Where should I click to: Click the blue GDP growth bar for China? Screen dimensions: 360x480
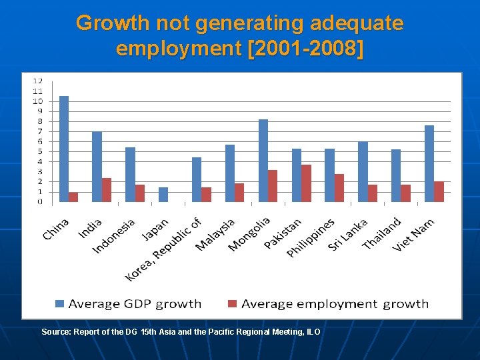[x=64, y=149]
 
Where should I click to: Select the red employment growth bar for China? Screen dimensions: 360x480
[x=73, y=197]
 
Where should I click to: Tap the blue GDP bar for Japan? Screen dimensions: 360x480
[x=163, y=194]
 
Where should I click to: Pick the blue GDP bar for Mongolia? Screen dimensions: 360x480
[x=263, y=160]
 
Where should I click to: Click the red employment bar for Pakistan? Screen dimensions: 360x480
[x=306, y=183]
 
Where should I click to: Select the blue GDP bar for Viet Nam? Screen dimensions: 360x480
[x=429, y=163]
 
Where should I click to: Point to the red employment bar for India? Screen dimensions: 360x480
[x=107, y=190]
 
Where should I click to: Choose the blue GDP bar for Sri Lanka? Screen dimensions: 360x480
[x=363, y=171]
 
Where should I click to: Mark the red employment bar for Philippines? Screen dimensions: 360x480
[x=339, y=188]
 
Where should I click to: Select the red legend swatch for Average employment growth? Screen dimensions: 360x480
[x=233, y=304]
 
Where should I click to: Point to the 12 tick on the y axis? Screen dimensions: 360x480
[x=38, y=81]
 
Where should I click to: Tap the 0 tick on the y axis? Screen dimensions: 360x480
[x=39, y=201]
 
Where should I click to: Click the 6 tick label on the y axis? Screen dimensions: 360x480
[x=39, y=141]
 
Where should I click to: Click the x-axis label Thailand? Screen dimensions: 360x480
[x=382, y=233]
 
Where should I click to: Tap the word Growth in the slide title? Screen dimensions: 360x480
[x=113, y=23]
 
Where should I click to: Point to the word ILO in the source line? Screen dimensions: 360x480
[x=313, y=331]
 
